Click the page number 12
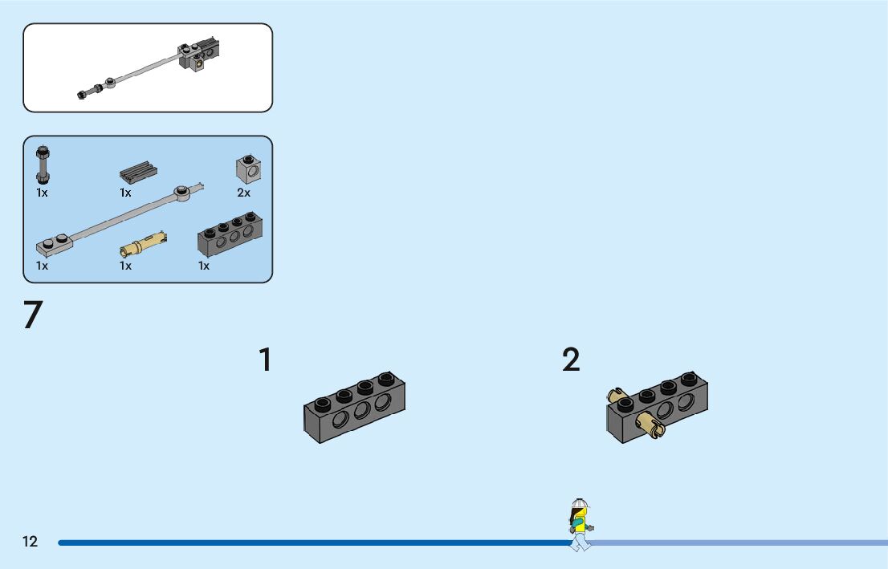tap(30, 542)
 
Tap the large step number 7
tap(32, 316)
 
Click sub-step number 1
tap(265, 360)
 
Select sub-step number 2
tap(571, 360)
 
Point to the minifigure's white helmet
tap(580, 504)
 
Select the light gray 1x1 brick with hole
tap(248, 169)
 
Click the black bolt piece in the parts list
tap(42, 164)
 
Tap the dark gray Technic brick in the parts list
tap(230, 234)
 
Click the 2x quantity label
tap(243, 193)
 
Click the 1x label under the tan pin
tap(125, 266)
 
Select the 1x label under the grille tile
tap(125, 193)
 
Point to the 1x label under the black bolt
tap(42, 193)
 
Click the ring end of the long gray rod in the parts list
tap(184, 192)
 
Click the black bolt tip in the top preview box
tap(83, 95)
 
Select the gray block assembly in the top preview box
tap(198, 55)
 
